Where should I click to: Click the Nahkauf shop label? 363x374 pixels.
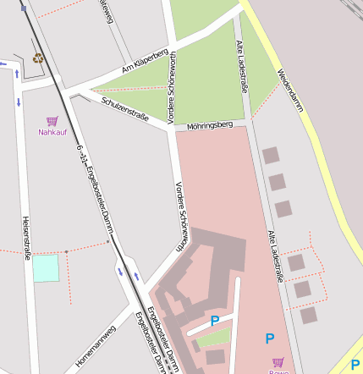52,132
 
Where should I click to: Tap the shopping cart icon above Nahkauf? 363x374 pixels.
52,121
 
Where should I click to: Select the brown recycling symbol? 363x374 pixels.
37,58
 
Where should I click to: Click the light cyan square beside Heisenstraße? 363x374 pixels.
46,267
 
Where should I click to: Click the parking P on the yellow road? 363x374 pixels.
355,366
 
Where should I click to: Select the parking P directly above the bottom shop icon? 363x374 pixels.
270,338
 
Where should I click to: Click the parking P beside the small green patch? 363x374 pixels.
215,321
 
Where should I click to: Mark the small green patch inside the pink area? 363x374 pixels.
213,338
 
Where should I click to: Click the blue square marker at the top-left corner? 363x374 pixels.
23,8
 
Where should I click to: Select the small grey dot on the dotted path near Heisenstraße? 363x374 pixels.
66,251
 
